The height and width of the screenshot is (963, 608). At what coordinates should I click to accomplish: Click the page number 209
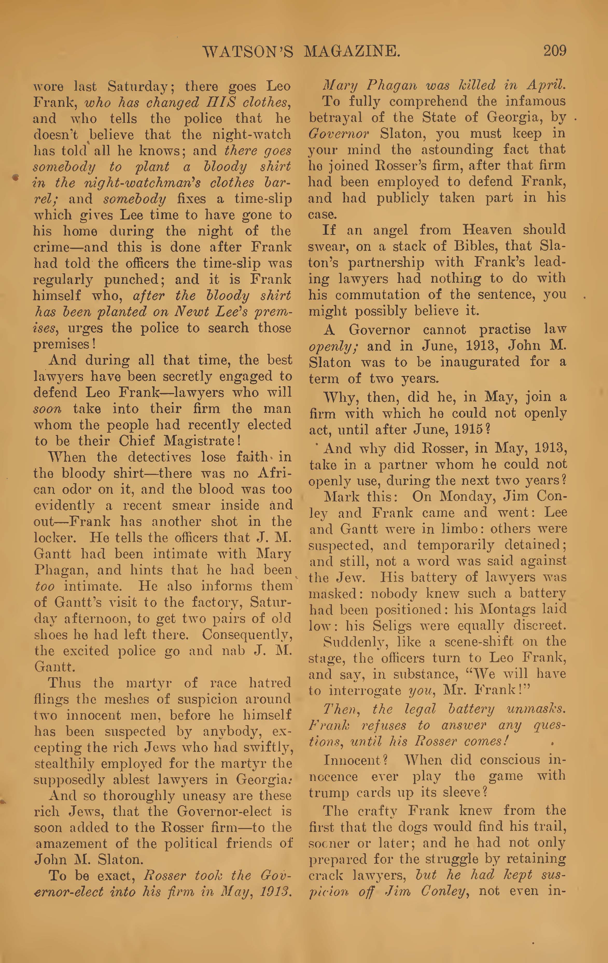[x=554, y=51]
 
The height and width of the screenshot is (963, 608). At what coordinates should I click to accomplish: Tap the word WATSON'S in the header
[x=248, y=52]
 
